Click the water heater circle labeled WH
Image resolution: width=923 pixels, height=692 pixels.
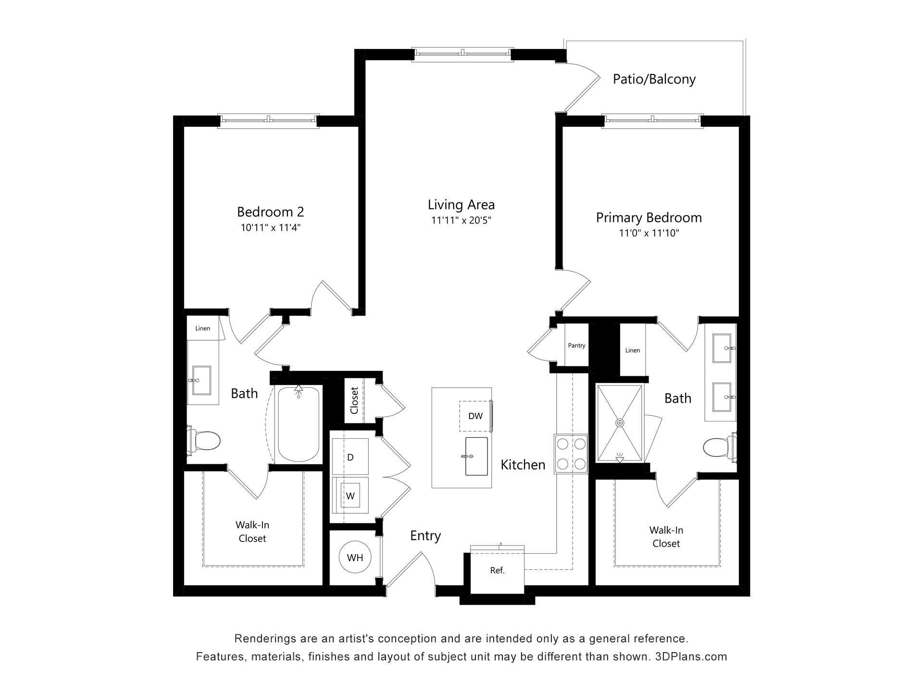click(x=355, y=557)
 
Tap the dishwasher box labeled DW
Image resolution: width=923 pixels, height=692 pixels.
click(x=475, y=416)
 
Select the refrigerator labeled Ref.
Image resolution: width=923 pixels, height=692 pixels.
click(x=497, y=571)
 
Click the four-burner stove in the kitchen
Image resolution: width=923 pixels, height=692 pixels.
click(x=571, y=454)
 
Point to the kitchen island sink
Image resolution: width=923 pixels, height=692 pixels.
click(x=476, y=456)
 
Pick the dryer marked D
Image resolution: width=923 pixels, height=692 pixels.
click(x=350, y=457)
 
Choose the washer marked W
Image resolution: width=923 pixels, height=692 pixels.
click(x=350, y=496)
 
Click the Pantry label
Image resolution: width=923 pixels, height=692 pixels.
click(x=576, y=346)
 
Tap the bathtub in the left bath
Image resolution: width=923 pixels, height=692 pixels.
click(x=298, y=425)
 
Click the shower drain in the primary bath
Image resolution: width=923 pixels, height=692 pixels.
click(x=620, y=423)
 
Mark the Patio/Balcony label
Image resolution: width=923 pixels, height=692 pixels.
click(x=654, y=79)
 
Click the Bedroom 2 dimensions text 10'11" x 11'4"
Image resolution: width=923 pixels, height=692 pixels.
click(x=270, y=228)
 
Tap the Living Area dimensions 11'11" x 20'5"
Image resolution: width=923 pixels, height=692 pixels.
click(x=461, y=221)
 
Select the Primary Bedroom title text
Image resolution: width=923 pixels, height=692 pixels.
click(x=649, y=218)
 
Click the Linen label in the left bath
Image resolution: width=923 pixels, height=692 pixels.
click(x=202, y=329)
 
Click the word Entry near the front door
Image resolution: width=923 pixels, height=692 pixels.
click(x=425, y=536)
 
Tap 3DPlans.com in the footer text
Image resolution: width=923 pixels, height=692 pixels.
click(x=691, y=656)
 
